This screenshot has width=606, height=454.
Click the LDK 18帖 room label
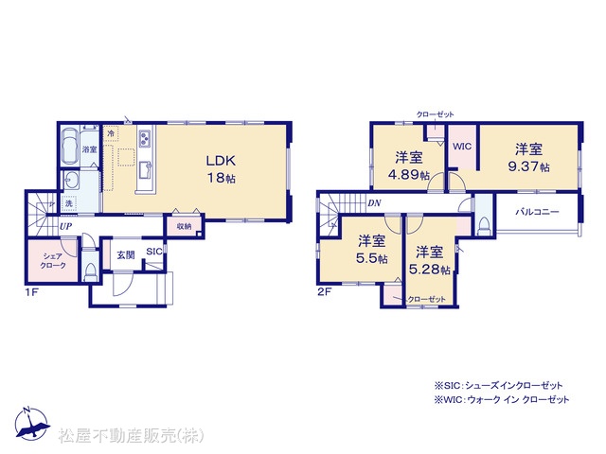pos(221,169)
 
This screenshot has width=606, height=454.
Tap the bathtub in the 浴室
pos(70,146)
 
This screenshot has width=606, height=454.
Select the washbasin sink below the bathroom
pos(72,180)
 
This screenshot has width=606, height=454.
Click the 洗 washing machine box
pos(69,203)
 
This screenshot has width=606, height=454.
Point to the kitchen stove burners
pos(145,139)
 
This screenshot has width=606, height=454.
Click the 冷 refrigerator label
pos(111,134)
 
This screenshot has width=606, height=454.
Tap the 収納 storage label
pos(184,227)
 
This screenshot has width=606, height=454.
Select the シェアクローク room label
pos(53,261)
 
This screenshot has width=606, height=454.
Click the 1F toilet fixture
pos(91,271)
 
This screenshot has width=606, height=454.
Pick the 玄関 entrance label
pos(126,254)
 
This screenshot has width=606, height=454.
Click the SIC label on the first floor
pos(154,252)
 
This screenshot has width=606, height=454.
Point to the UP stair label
pos(65,226)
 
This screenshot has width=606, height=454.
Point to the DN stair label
pos(374,203)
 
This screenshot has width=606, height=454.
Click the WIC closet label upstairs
pos(462,147)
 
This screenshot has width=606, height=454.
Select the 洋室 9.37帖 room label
pos(528,158)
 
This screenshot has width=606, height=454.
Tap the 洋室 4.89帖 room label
pos(409,166)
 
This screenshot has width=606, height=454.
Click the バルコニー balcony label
pos(538,212)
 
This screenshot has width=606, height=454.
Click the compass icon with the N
pos(32,424)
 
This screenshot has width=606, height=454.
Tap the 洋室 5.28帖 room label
pos(430,260)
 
